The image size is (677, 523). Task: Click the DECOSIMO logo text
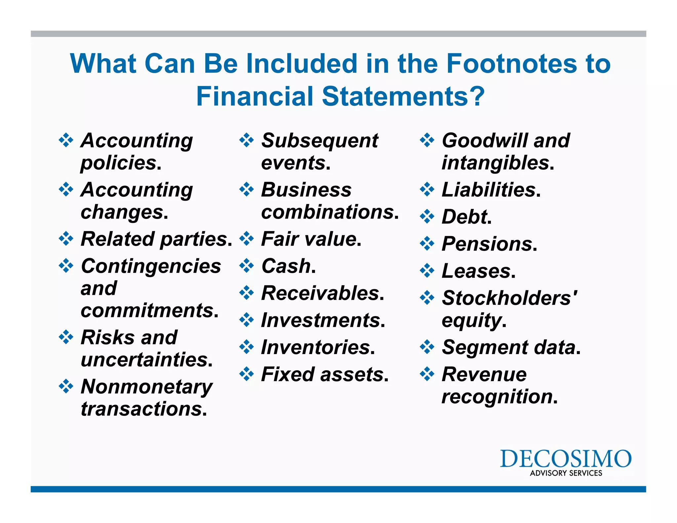[x=566, y=459]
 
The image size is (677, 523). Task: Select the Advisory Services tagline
[x=566, y=473]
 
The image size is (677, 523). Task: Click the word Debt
[x=464, y=217]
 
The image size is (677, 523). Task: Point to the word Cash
[x=286, y=266]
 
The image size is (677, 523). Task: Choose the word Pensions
[x=487, y=244]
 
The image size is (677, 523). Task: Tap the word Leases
[x=476, y=271]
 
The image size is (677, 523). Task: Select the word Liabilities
[x=489, y=190]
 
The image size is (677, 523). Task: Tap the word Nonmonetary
[x=147, y=387]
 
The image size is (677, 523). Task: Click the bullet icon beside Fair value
[x=247, y=239]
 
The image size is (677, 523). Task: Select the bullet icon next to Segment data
[x=427, y=347]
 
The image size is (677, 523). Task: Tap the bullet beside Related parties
[x=66, y=239]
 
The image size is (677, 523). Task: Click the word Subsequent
[x=320, y=141]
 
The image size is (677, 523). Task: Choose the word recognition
[x=497, y=397]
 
